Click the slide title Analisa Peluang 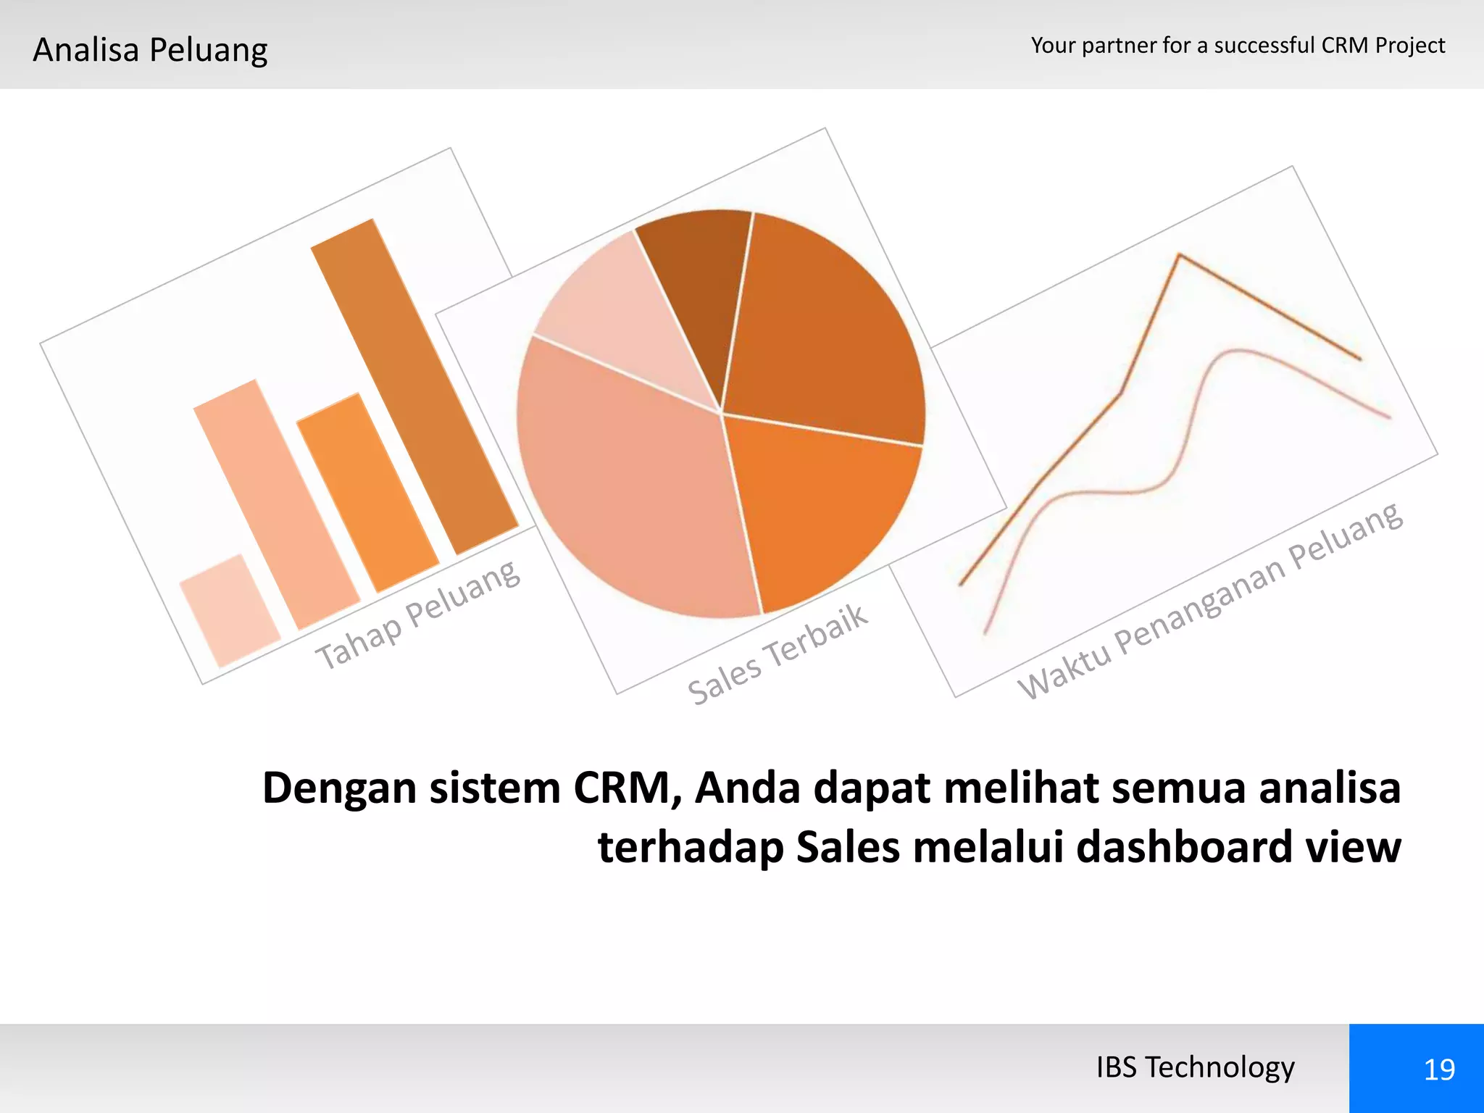(x=150, y=50)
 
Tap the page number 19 (x=1438, y=1070)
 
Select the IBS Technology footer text (x=1195, y=1067)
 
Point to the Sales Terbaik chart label (x=777, y=654)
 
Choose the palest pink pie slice (x=616, y=312)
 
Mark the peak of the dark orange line (x=1180, y=255)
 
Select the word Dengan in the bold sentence (x=339, y=789)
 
